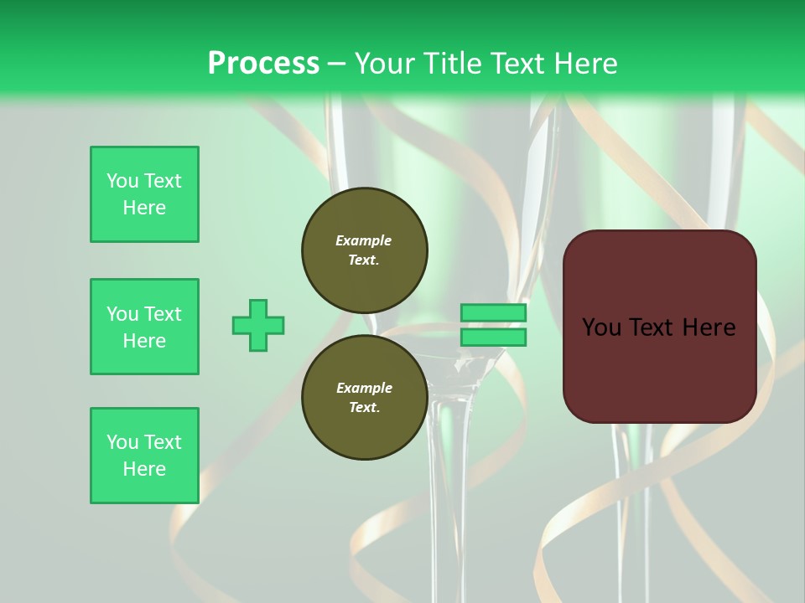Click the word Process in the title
click(263, 64)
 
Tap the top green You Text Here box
click(144, 194)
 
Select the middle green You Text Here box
click(144, 327)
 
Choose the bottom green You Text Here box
click(144, 456)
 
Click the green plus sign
click(258, 325)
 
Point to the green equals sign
click(493, 325)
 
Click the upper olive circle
click(364, 250)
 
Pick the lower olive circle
click(364, 398)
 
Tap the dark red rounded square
click(659, 327)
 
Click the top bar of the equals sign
click(493, 312)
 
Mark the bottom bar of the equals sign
click(493, 337)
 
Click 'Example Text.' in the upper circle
click(364, 250)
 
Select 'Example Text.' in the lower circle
click(364, 398)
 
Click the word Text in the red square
click(658, 327)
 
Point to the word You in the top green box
click(122, 181)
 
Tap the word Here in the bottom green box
click(144, 469)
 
